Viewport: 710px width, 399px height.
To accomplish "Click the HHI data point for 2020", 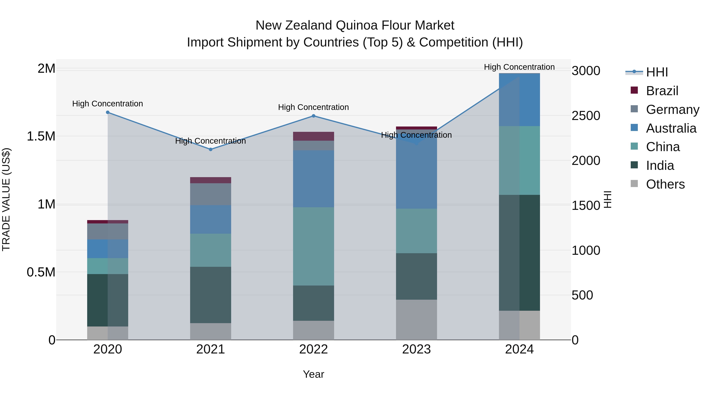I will point(108,112).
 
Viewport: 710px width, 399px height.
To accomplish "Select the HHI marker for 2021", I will point(211,150).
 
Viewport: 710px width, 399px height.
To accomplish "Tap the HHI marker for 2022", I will point(313,116).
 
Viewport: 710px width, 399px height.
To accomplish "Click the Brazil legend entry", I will point(662,91).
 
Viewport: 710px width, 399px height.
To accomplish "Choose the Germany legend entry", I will point(672,110).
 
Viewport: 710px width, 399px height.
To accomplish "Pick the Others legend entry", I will point(665,184).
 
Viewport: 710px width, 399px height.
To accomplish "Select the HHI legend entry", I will point(657,72).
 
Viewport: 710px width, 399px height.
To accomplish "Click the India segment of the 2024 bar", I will point(519,253).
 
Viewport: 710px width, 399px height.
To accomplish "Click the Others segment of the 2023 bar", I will point(416,319).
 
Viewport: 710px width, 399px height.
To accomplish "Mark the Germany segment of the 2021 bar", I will point(211,194).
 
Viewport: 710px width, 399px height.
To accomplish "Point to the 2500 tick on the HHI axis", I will point(586,116).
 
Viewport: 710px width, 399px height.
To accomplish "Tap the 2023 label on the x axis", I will point(416,349).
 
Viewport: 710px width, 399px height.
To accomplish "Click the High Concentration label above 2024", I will point(519,67).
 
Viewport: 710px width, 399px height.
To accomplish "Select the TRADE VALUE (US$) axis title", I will point(6,199).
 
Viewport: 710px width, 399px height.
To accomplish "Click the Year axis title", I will point(313,374).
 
